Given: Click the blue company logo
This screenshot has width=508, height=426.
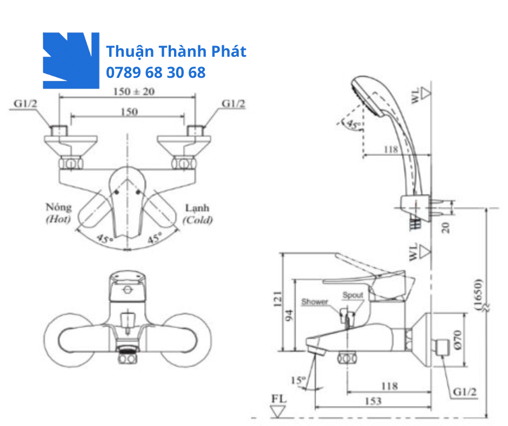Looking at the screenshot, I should click(71, 60).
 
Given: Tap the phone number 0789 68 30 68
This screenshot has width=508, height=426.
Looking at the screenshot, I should click(156, 72).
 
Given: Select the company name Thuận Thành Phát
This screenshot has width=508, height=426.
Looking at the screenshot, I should click(176, 52).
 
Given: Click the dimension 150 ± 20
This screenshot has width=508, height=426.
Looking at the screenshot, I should click(133, 91).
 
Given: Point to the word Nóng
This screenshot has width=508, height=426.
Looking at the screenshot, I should click(58, 208).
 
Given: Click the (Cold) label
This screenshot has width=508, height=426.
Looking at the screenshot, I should click(197, 220).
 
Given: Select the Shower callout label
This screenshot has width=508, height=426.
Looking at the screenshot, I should click(315, 302).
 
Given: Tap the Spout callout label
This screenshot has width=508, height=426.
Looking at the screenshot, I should click(353, 296).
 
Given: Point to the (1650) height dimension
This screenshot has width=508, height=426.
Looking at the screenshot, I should click(479, 295).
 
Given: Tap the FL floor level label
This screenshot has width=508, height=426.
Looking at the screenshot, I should click(279, 399).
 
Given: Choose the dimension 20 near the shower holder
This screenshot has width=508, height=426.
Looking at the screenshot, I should click(446, 227).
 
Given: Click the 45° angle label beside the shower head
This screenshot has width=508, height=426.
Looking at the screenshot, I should click(353, 125).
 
